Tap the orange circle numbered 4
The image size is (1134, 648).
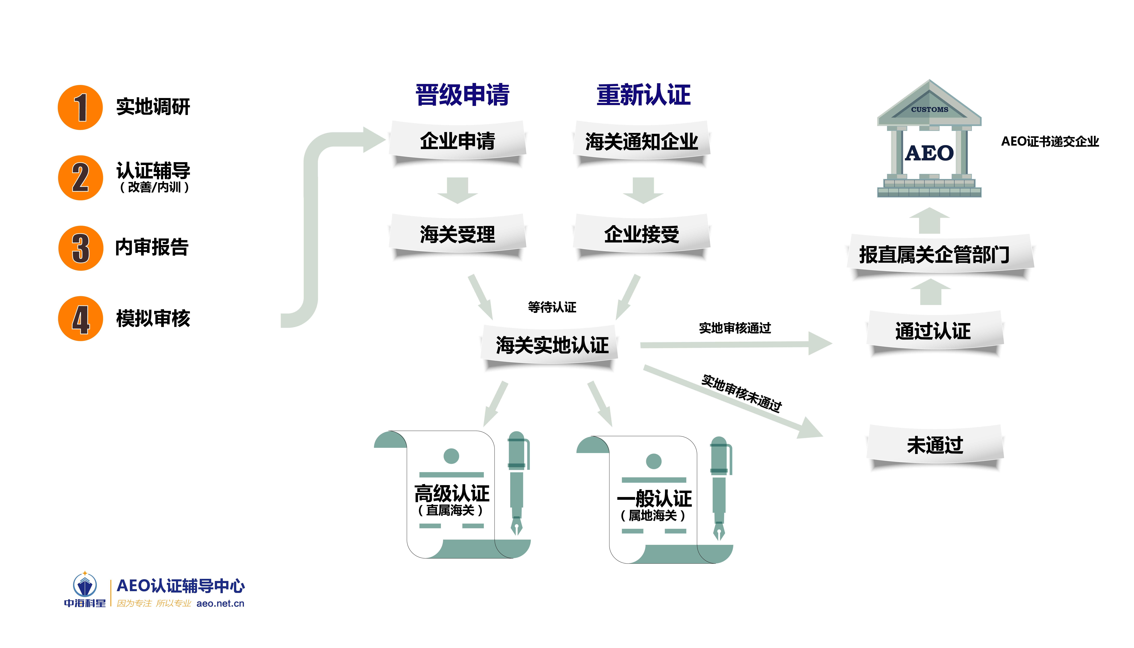click(x=81, y=319)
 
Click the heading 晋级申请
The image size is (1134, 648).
click(x=462, y=95)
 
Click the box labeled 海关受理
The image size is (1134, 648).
click(x=457, y=234)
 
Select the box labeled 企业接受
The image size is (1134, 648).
click(x=641, y=234)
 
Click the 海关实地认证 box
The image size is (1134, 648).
click(x=552, y=345)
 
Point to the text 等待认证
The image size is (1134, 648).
click(x=552, y=307)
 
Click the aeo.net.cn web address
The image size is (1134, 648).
click(x=220, y=603)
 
